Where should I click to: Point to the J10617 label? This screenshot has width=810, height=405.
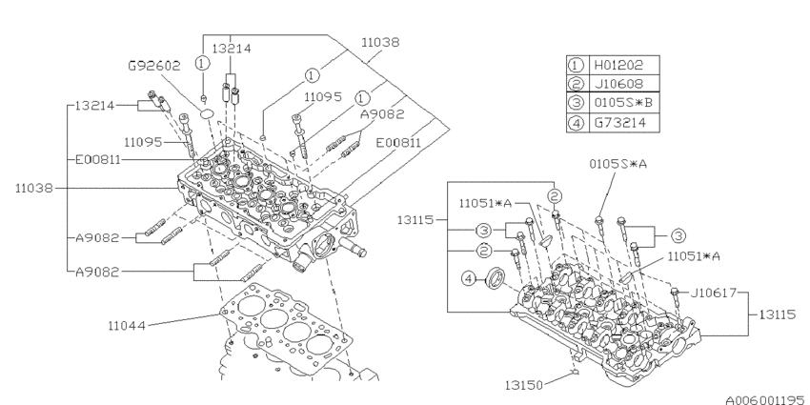click(713, 294)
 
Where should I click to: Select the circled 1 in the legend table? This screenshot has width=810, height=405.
click(576, 66)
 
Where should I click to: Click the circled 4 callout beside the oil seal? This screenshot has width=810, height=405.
click(468, 279)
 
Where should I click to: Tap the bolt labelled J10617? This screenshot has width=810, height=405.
click(674, 294)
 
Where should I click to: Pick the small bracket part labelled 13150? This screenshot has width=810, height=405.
click(576, 368)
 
